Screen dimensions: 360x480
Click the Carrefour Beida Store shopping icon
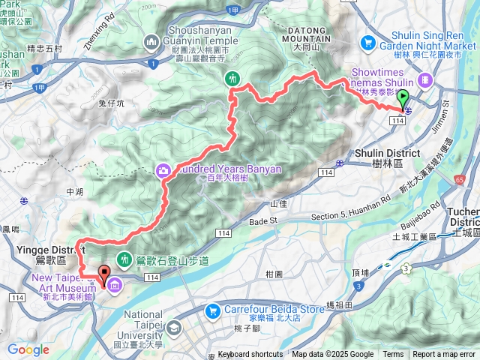pos(214,310)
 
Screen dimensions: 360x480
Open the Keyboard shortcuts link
pos(250,355)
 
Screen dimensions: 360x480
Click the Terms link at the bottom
pos(393,355)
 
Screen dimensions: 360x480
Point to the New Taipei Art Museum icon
pos(116,286)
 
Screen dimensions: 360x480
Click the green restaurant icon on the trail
pos(232,78)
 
